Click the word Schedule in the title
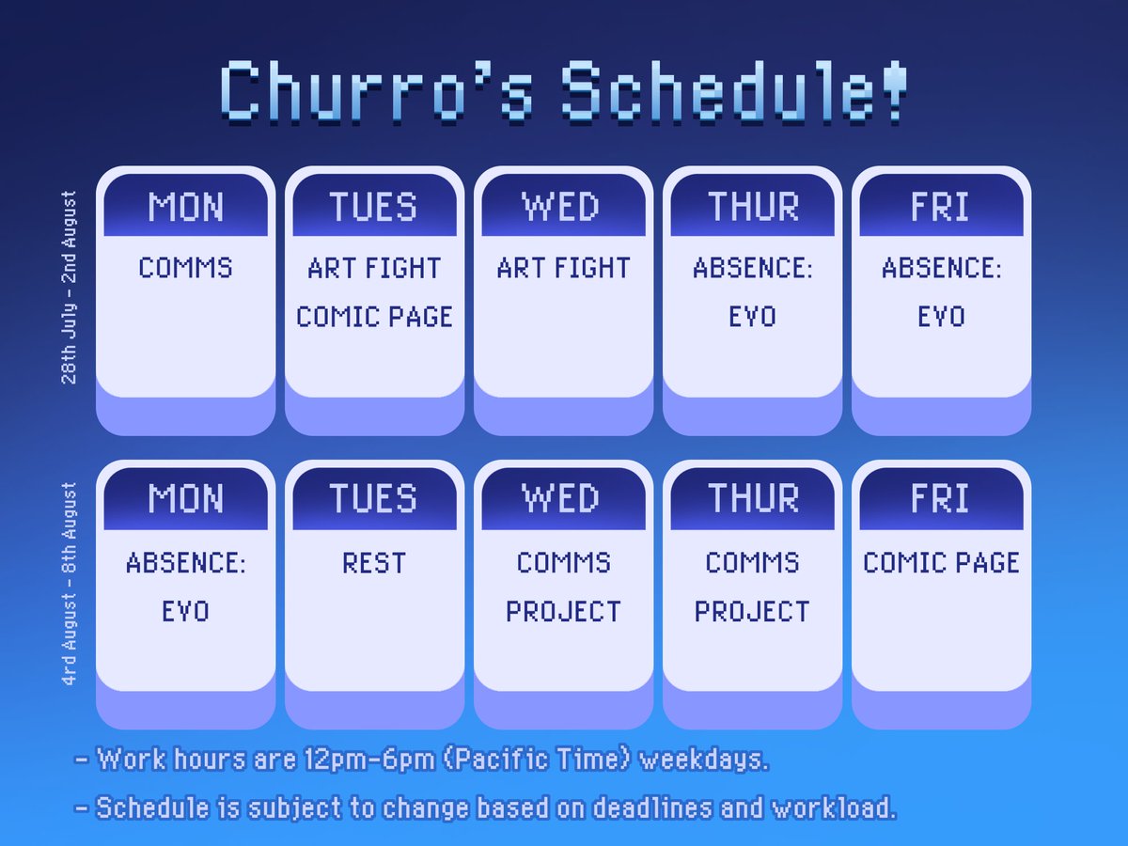click(719, 91)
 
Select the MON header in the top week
click(186, 207)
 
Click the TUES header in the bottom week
click(374, 499)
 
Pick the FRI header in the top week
click(941, 207)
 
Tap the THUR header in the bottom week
click(752, 499)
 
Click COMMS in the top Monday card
click(186, 268)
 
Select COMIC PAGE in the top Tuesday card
click(374, 317)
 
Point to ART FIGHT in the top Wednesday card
click(563, 268)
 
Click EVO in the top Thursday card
click(752, 317)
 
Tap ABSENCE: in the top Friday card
click(941, 268)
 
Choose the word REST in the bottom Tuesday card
click(374, 563)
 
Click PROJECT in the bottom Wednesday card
click(563, 612)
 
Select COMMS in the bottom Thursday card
click(752, 563)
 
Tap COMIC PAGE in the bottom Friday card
click(941, 563)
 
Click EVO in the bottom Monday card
click(186, 612)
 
